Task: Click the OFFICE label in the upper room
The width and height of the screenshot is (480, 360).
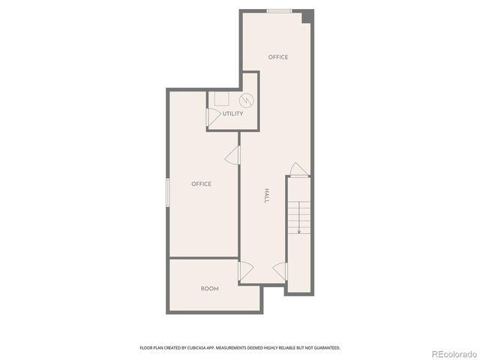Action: [278, 57]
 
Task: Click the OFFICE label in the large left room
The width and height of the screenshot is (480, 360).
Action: [201, 184]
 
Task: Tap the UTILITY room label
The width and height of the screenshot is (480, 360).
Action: [232, 114]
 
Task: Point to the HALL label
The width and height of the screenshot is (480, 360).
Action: [266, 196]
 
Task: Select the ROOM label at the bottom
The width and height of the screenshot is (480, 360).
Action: [210, 289]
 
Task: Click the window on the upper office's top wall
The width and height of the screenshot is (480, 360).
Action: [280, 11]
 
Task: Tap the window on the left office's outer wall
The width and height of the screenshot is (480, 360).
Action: [168, 190]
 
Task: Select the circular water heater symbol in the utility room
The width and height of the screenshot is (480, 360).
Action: [245, 100]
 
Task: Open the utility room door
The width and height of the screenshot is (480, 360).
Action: [213, 116]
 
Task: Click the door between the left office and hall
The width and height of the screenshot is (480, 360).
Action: [233, 155]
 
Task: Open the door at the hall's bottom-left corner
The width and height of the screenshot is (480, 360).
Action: [245, 271]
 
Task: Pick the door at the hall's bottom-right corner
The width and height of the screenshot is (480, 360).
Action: [280, 271]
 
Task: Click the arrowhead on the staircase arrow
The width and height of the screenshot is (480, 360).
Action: [299, 232]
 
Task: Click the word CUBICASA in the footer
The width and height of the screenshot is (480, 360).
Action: [196, 348]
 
